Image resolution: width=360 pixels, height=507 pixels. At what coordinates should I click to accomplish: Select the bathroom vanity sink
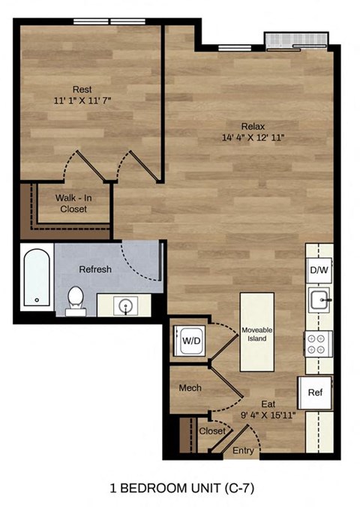point(124,305)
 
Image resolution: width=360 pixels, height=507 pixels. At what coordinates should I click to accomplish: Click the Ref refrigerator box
point(315,392)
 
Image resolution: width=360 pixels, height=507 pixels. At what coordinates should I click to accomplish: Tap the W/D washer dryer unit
point(190,340)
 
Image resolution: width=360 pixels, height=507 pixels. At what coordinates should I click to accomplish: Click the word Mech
point(188,388)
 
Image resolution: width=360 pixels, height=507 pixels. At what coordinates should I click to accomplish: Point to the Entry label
point(243,450)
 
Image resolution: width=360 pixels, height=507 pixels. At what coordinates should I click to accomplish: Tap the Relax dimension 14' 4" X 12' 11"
point(253,137)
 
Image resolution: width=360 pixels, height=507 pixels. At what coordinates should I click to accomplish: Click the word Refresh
point(94,269)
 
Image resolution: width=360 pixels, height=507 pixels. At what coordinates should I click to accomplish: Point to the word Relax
point(253,125)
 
